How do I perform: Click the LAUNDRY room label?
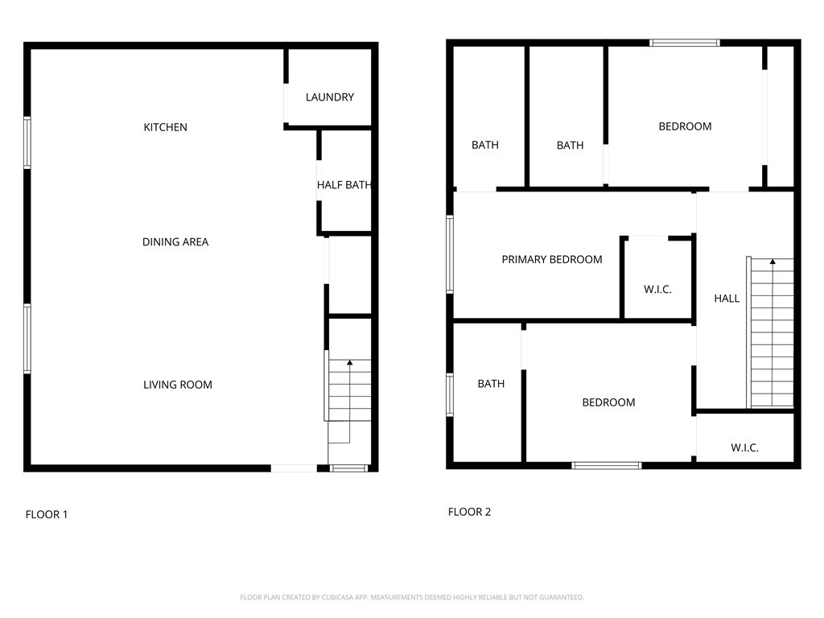pyautogui.click(x=329, y=97)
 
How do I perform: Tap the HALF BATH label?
pyautogui.click(x=344, y=185)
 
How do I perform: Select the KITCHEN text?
pyautogui.click(x=165, y=127)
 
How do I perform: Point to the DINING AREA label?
pyautogui.click(x=175, y=242)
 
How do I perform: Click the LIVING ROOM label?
pyautogui.click(x=177, y=385)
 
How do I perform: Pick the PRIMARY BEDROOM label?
pyautogui.click(x=551, y=259)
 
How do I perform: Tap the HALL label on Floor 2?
pyautogui.click(x=726, y=299)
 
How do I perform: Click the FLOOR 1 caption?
pyautogui.click(x=46, y=514)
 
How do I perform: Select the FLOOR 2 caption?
pyautogui.click(x=469, y=512)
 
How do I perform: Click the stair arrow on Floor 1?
pyautogui.click(x=349, y=365)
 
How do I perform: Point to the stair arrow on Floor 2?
pyautogui.click(x=772, y=262)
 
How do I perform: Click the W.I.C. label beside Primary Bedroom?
pyautogui.click(x=657, y=290)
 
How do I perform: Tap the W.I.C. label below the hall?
pyautogui.click(x=744, y=448)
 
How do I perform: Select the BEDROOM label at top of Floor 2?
pyautogui.click(x=685, y=126)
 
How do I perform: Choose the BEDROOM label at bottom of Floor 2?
pyautogui.click(x=608, y=402)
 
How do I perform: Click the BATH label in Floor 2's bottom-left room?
pyautogui.click(x=491, y=384)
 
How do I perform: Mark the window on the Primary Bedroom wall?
pyautogui.click(x=451, y=253)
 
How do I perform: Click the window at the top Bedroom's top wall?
pyautogui.click(x=685, y=43)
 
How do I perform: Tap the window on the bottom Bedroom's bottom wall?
pyautogui.click(x=607, y=465)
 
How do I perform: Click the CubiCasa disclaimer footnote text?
pyautogui.click(x=412, y=597)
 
